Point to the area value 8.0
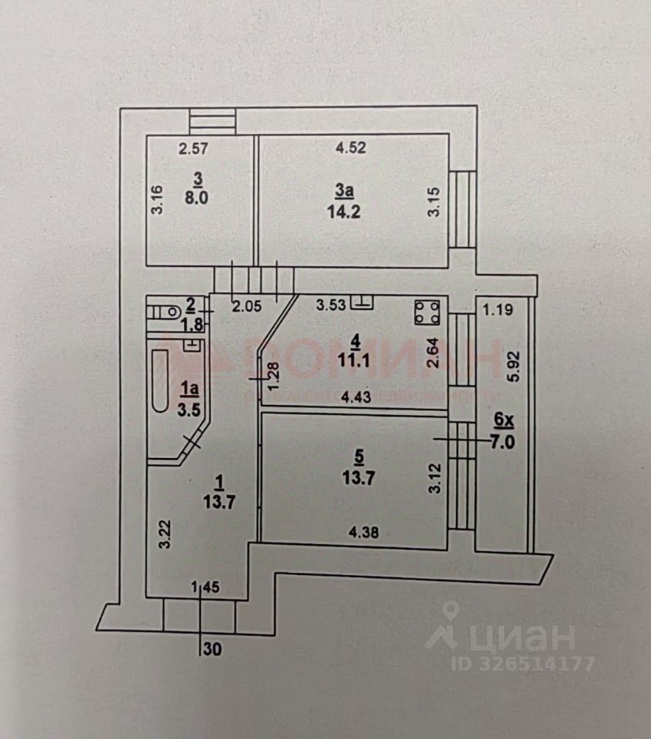pos(199,196)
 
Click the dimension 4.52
pos(349,149)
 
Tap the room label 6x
pos(502,420)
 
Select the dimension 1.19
pos(497,311)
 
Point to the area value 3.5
pos(189,409)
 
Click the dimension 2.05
pos(247,306)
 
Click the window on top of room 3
pos(212,122)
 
